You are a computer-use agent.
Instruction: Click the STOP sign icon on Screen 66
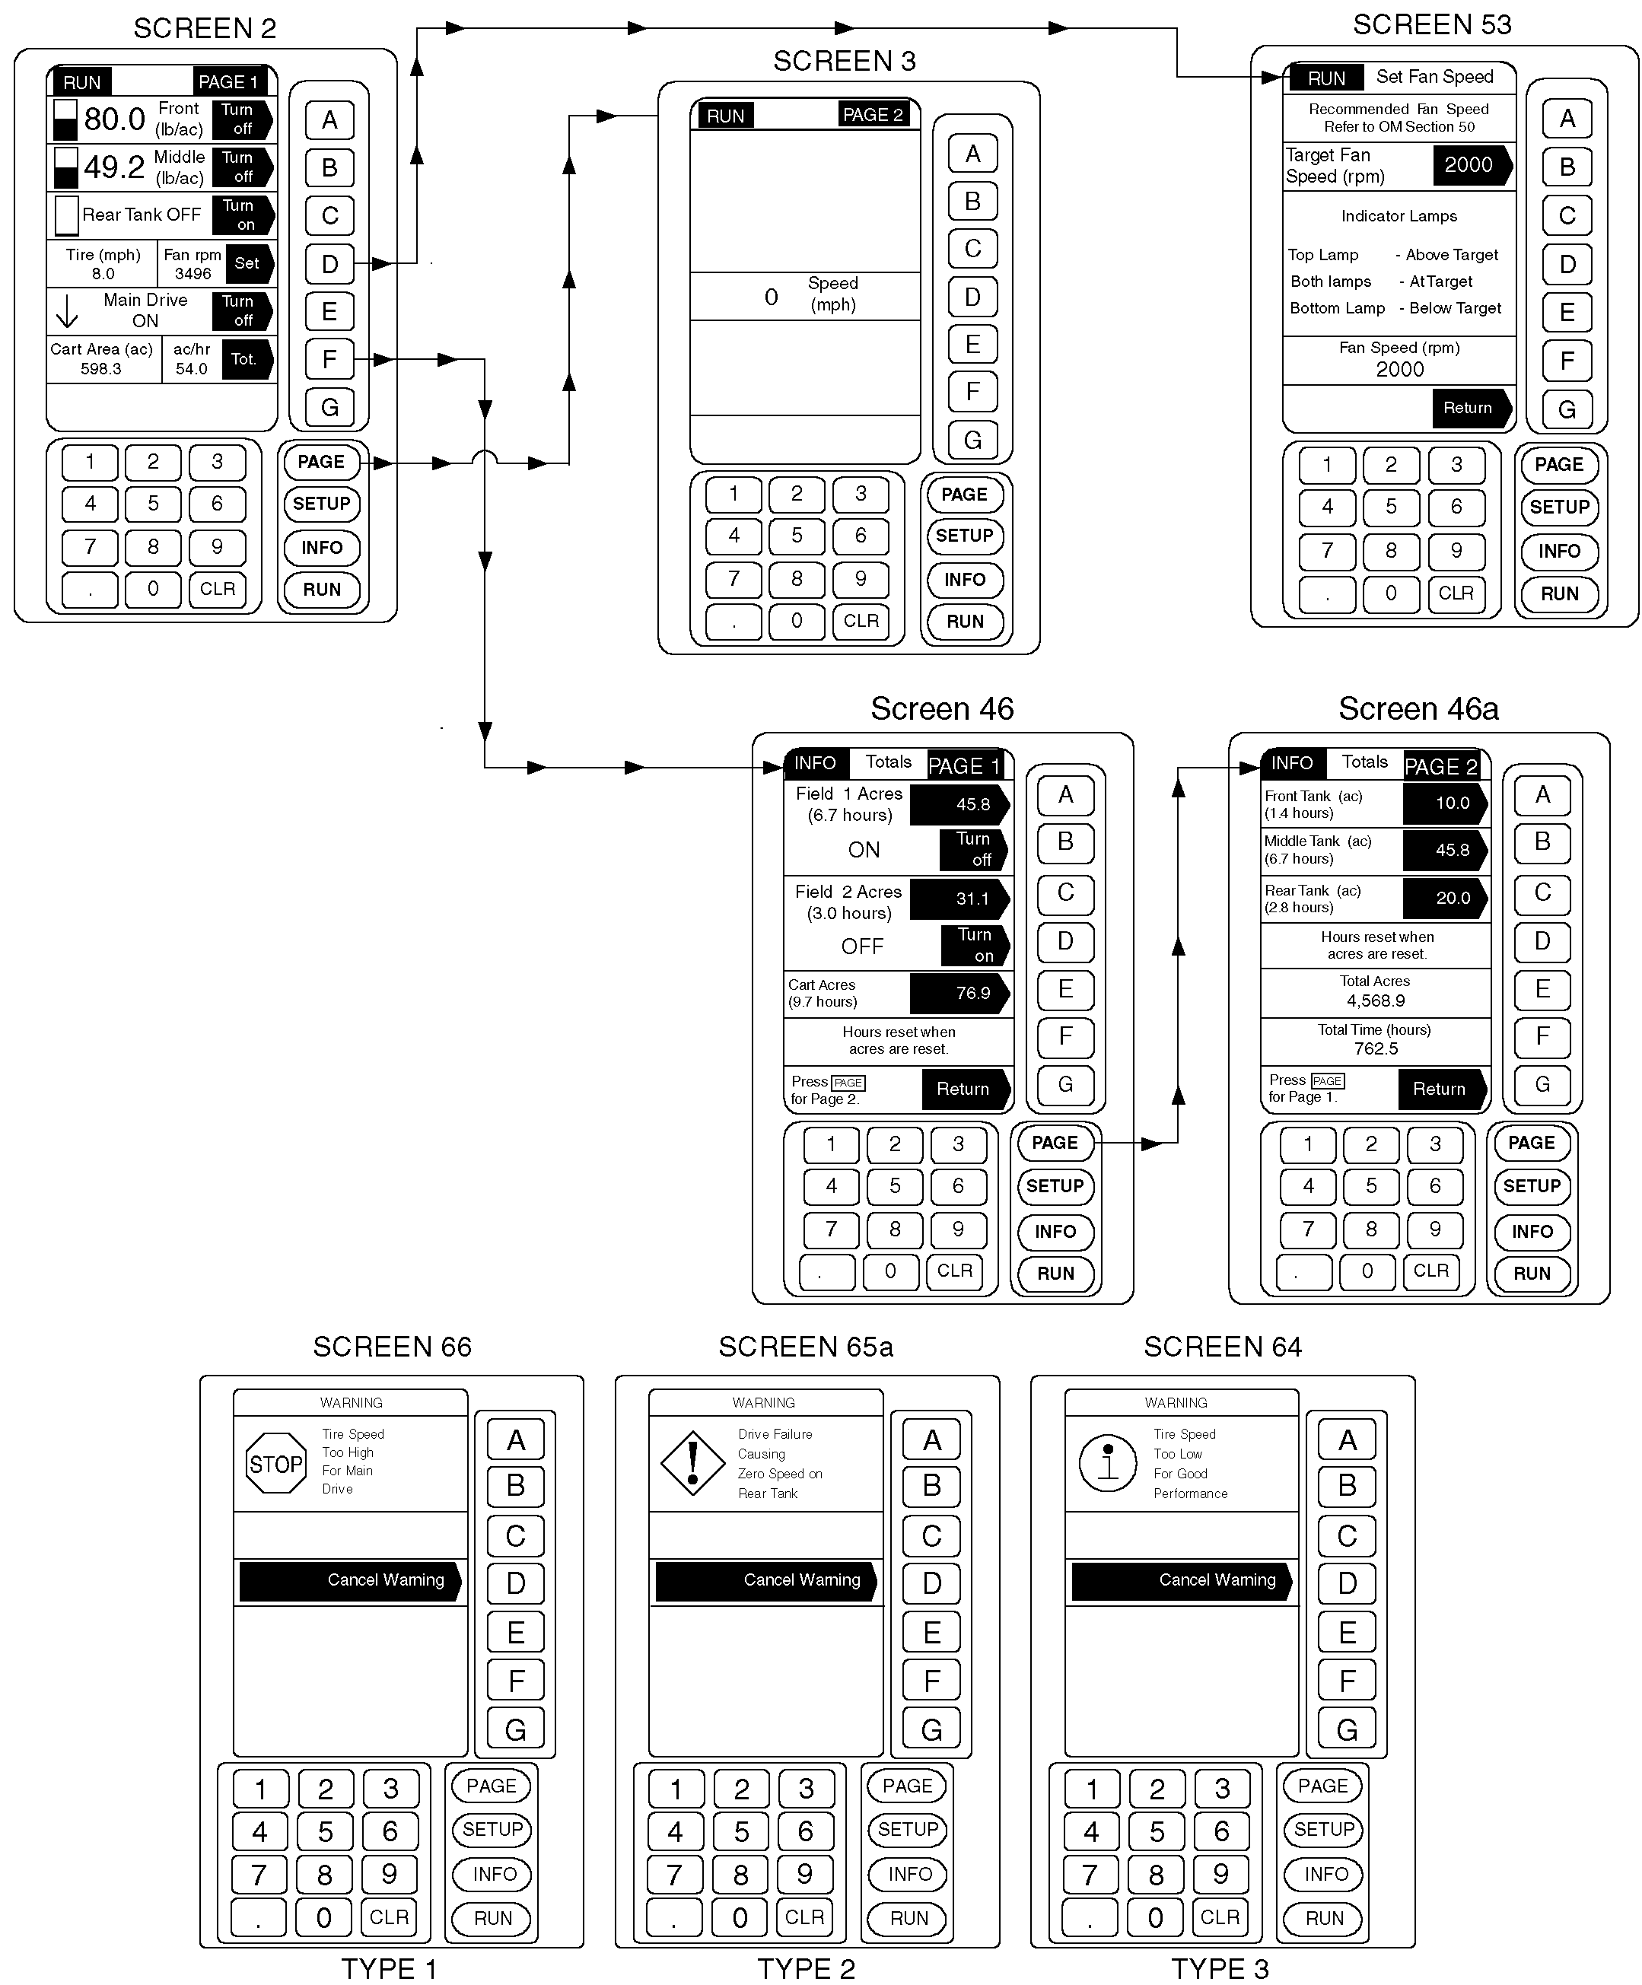pos(275,1464)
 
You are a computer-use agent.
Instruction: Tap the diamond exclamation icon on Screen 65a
pos(693,1462)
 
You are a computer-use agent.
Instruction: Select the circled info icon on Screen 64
pos(1108,1463)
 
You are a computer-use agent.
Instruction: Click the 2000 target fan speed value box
pos(1470,165)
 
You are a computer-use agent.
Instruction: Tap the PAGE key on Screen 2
pos(321,463)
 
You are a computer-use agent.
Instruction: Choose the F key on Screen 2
pos(329,359)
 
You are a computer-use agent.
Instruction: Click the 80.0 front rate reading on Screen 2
pos(114,120)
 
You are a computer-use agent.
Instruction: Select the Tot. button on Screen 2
pos(246,359)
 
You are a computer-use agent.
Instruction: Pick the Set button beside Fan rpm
pos(248,264)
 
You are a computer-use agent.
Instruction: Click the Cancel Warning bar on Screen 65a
pos(765,1580)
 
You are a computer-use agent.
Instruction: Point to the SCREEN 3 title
pos(844,62)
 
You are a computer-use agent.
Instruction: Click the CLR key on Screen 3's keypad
pos(861,621)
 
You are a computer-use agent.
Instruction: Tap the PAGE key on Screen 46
pos(1054,1143)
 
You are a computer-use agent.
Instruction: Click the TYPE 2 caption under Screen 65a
pos(807,1968)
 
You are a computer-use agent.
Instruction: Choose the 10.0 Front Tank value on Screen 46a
pos(1444,803)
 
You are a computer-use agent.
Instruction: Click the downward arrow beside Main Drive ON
pos(67,311)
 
